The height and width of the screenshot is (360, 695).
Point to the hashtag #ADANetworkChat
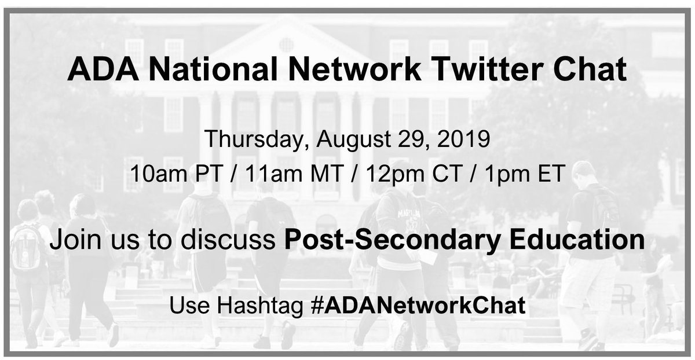coord(418,306)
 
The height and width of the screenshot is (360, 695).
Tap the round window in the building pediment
coord(286,44)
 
